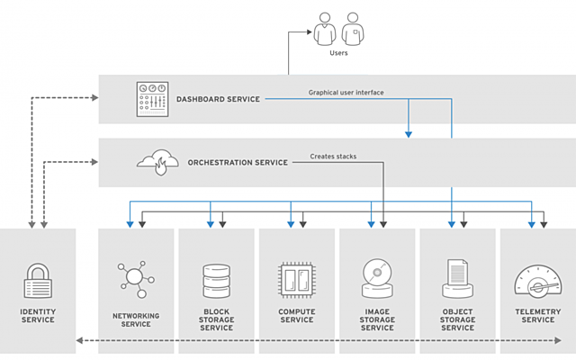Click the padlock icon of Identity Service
(38, 280)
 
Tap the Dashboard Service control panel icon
(152, 99)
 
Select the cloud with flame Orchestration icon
(158, 162)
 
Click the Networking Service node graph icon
(136, 279)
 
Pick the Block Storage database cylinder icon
(216, 281)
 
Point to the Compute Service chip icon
(297, 280)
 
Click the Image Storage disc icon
(377, 278)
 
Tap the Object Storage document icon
(457, 278)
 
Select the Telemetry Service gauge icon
(538, 282)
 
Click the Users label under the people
(338, 53)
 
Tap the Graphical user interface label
(346, 93)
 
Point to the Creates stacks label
(333, 157)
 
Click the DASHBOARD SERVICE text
(218, 99)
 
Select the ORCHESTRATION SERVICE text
(238, 162)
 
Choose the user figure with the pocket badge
(353, 29)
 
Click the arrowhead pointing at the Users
(310, 32)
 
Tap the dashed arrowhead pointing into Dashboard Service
(95, 98)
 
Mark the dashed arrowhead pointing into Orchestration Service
(94, 162)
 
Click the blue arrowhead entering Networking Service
(130, 224)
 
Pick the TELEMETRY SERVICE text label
(538, 316)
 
